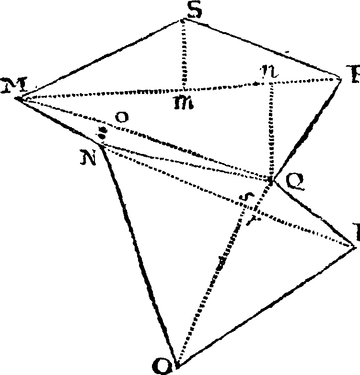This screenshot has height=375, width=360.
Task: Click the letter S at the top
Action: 194,11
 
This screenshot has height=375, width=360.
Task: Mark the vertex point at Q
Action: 272,181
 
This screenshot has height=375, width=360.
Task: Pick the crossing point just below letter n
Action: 271,82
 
